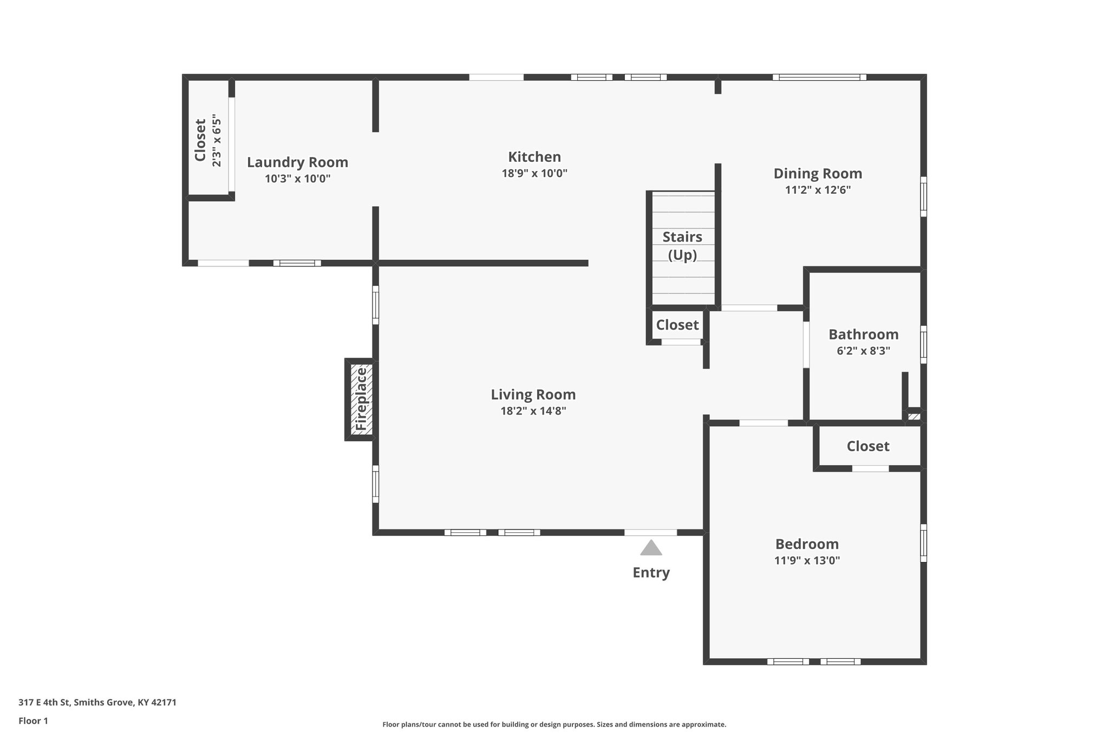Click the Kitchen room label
coord(534,157)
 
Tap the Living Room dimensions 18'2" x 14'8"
coord(533,411)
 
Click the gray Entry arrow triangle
coord(651,548)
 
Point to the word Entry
coord(651,572)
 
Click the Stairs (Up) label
coord(682,245)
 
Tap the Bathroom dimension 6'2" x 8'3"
coord(863,351)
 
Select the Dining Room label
coord(817,174)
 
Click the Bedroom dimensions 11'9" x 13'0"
coord(807,560)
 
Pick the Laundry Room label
coord(297,162)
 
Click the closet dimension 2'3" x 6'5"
coord(217,140)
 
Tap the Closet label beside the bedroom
coord(867,446)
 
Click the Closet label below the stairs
coord(677,325)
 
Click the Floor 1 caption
coord(33,721)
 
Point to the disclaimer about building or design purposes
coord(554,724)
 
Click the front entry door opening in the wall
coord(650,532)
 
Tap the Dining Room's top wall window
coord(819,77)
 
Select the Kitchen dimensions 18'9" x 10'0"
coord(534,174)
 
